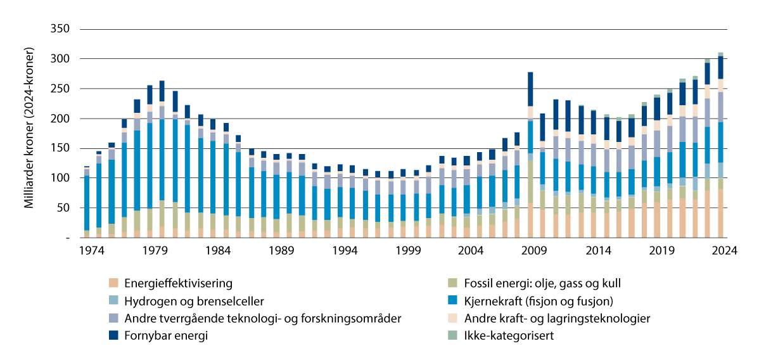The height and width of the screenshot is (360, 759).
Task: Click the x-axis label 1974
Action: [87, 250]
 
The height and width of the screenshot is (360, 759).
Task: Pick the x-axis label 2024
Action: [724, 250]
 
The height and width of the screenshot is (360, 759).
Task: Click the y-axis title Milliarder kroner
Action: [29, 133]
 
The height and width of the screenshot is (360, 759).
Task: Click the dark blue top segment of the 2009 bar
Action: [530, 89]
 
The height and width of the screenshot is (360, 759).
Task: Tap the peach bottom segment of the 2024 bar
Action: [720, 213]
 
